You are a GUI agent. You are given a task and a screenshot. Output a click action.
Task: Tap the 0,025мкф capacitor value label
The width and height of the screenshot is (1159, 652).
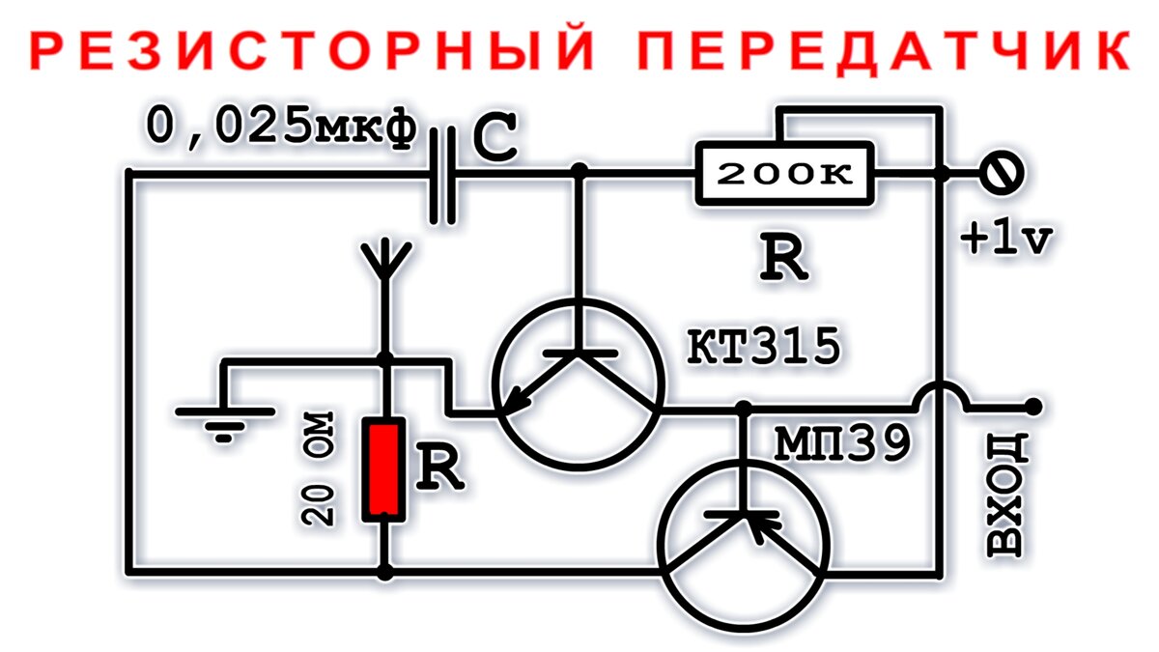click(281, 127)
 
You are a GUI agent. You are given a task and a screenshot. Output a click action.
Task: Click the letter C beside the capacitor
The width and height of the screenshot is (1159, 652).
click(495, 140)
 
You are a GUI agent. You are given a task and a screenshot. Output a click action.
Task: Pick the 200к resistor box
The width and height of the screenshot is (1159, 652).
click(784, 175)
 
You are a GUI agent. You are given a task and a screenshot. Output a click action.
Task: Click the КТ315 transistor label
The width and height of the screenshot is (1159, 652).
click(762, 348)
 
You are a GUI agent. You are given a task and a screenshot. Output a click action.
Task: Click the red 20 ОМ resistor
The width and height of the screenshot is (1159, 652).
click(383, 469)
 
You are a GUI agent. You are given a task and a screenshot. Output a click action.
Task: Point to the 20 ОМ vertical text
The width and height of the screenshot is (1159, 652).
click(320, 468)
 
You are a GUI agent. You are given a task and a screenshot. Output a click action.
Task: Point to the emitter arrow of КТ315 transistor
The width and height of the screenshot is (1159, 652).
click(517, 396)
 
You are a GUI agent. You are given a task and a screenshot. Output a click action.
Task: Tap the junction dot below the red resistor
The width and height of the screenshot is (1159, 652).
click(384, 573)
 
